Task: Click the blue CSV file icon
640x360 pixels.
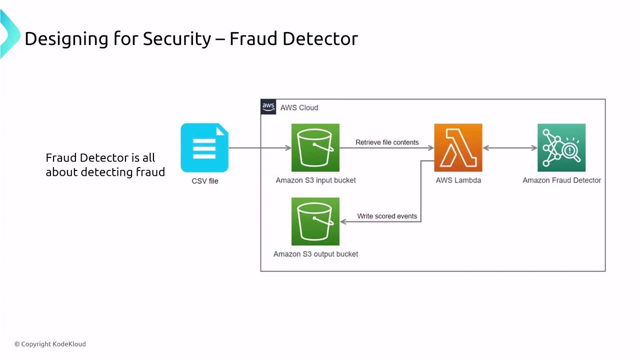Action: click(204, 148)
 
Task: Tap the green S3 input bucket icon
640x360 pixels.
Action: click(315, 147)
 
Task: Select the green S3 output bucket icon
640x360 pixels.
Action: click(315, 221)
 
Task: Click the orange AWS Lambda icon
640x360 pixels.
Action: click(458, 147)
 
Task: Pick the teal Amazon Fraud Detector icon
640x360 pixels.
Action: click(561, 147)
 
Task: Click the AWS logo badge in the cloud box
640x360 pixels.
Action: click(268, 107)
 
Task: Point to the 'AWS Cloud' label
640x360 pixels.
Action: click(299, 107)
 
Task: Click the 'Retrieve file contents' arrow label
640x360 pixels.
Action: click(387, 142)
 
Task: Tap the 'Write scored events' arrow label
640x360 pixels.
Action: click(387, 216)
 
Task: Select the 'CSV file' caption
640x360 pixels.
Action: click(205, 181)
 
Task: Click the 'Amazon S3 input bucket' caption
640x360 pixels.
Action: click(315, 180)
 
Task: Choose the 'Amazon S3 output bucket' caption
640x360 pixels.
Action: click(315, 254)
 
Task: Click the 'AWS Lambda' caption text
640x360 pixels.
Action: click(458, 180)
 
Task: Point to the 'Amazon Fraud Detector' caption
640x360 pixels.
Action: click(561, 180)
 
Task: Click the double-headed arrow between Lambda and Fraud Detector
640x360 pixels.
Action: click(510, 147)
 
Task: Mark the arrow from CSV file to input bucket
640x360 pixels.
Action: click(259, 147)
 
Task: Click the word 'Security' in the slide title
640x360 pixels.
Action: click(177, 39)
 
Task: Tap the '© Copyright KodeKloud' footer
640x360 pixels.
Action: click(50, 344)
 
